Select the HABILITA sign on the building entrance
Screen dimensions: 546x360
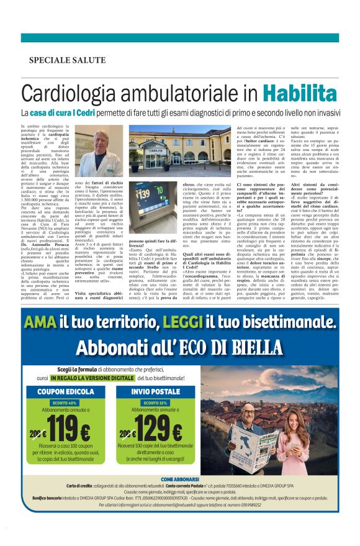click(163, 150)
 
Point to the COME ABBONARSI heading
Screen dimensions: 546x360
click(180, 479)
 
